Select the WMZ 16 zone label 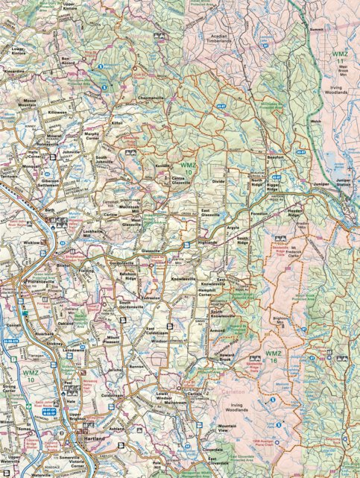(274, 355)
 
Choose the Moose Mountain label (34, 102)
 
